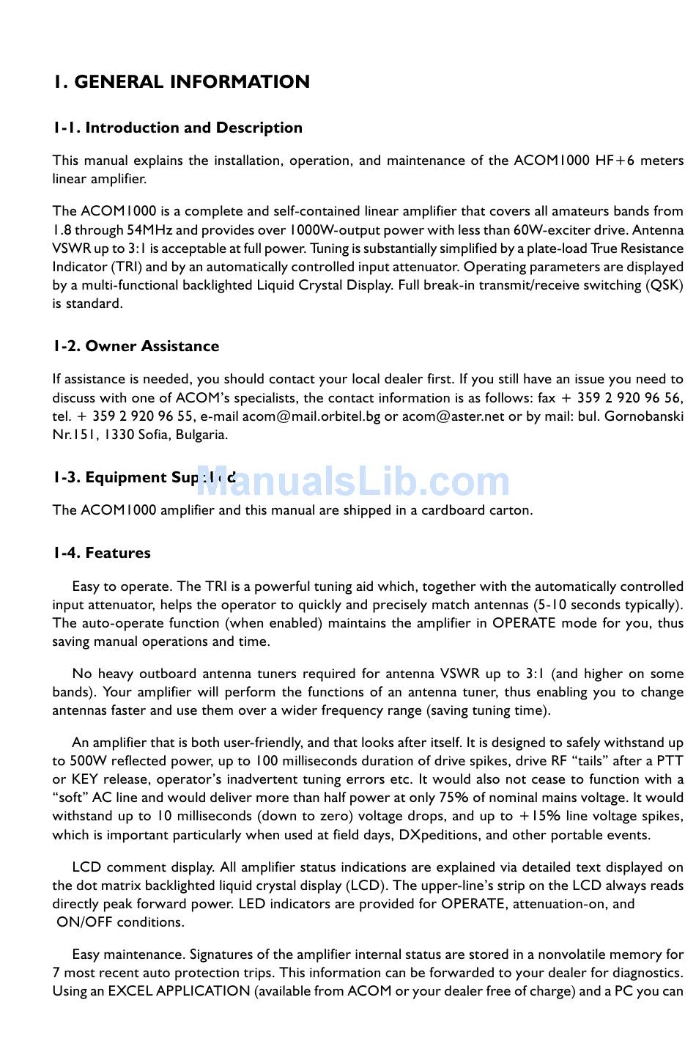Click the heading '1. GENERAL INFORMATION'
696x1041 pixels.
pos(181,82)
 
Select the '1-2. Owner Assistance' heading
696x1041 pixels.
pos(136,346)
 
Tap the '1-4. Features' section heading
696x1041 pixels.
pos(101,553)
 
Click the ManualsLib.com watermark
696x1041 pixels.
pos(353,482)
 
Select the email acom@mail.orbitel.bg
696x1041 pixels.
pos(311,416)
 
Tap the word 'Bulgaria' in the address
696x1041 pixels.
pos(200,435)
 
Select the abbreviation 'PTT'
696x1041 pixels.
pos(670,761)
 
